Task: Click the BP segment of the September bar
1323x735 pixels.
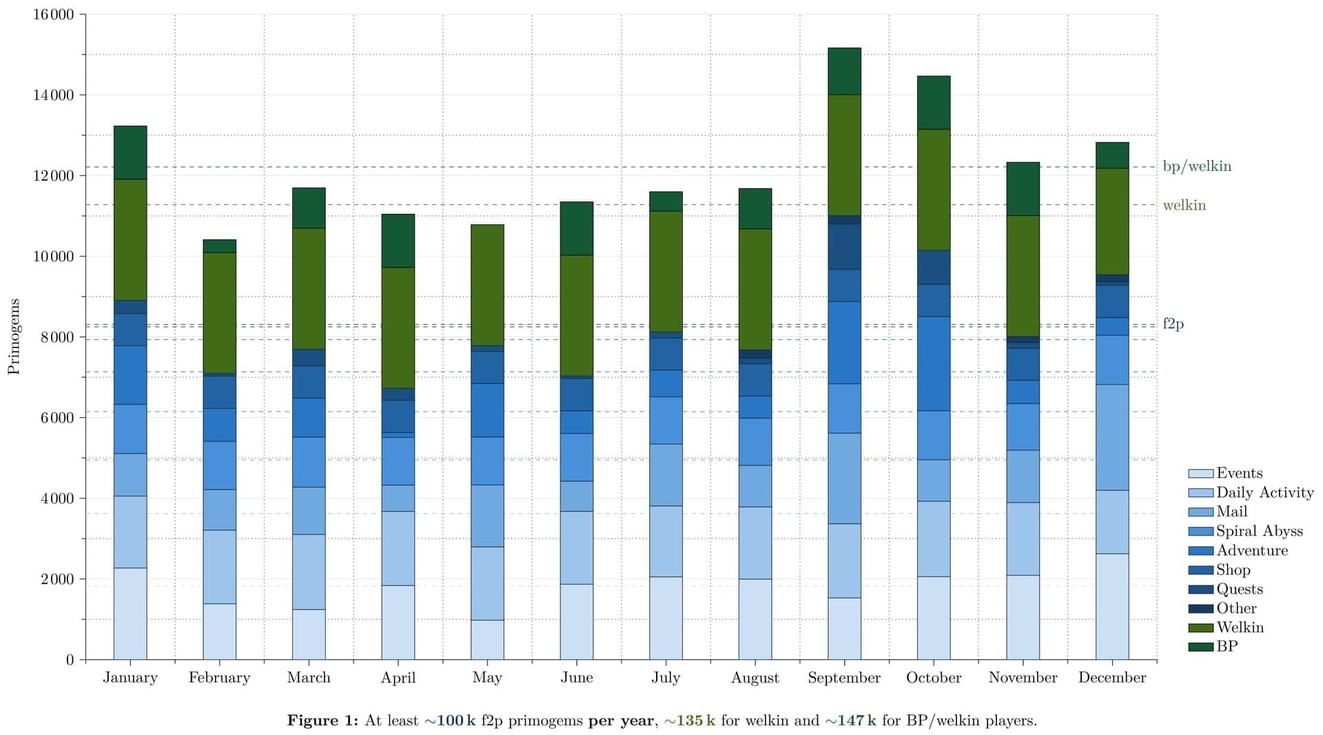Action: [844, 71]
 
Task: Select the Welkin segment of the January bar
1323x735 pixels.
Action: [130, 239]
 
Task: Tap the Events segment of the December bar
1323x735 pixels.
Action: [1112, 606]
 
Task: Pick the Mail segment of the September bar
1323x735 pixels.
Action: [844, 478]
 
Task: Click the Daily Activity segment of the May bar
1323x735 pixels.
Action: [487, 583]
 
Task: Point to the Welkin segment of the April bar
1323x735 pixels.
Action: [398, 328]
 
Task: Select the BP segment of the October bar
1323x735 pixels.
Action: [934, 102]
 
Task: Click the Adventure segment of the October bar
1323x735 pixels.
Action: [934, 363]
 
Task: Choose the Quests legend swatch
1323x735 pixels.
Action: [1200, 590]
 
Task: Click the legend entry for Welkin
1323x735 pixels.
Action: [1240, 627]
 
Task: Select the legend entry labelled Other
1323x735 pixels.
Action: [1236, 608]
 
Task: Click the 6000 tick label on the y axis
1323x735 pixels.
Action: [54, 418]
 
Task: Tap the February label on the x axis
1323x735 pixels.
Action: [219, 678]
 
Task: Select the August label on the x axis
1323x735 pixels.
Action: [755, 678]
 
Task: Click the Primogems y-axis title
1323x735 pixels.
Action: [14, 336]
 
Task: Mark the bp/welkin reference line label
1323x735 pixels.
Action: [1197, 166]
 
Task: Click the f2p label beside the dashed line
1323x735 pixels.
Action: [1173, 323]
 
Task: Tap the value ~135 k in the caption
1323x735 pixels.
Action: [689, 721]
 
